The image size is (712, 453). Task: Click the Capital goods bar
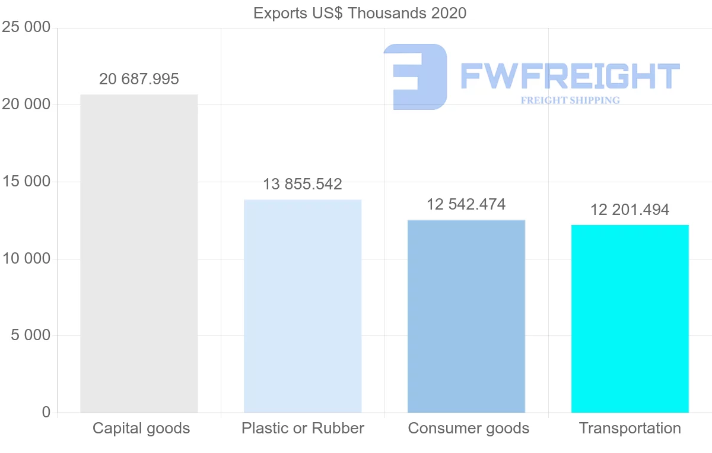pos(139,254)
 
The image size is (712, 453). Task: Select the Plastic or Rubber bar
pos(303,306)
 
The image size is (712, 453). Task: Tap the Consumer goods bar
pos(466,316)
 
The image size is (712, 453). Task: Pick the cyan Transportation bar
pos(630,318)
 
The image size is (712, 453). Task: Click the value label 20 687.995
pos(139,79)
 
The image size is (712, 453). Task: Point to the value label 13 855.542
pos(303,184)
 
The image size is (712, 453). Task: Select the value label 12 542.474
pos(466,205)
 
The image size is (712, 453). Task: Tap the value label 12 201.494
pos(630,210)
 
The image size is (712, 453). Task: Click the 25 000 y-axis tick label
pos(26,28)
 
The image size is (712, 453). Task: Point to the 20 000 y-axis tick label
pos(26,104)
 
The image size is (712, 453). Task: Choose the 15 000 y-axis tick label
pos(26,182)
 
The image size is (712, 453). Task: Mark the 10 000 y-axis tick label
pos(26,259)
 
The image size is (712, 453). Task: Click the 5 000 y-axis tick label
pos(31,335)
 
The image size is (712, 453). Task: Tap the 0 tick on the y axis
pos(46,413)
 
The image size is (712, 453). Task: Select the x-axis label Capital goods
pos(141,428)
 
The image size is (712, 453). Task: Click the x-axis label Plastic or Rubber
pos(303,428)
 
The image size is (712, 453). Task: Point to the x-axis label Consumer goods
pos(469,428)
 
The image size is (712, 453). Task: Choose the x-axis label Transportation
pos(630,428)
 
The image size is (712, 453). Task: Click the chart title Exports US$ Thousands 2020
pos(360,13)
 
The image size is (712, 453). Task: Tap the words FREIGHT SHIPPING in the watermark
pos(570,100)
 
